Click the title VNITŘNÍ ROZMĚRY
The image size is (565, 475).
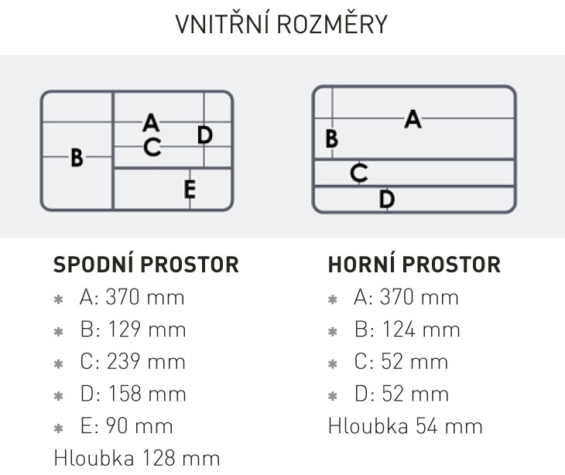[282, 24]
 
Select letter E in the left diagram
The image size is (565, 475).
[190, 189]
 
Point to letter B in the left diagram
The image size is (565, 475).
[77, 158]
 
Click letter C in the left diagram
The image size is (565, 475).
[152, 147]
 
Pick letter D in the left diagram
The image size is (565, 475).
[205, 135]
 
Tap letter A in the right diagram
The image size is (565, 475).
[413, 119]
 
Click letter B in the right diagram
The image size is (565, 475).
[331, 138]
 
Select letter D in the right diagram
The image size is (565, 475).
[387, 199]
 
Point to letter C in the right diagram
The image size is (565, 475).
[359, 173]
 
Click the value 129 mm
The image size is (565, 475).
[147, 330]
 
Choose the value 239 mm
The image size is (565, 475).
[146, 361]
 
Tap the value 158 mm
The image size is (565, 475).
[147, 394]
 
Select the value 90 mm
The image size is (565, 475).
[139, 426]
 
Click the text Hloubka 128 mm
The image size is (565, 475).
[137, 458]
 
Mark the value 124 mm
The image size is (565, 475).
[421, 330]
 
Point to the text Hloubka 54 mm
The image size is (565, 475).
[406, 426]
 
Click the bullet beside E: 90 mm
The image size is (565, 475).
[58, 428]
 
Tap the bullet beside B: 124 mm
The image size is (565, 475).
[333, 331]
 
